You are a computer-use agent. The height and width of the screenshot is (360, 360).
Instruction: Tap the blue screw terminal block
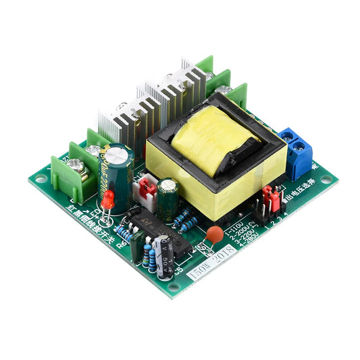pos(298,153)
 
